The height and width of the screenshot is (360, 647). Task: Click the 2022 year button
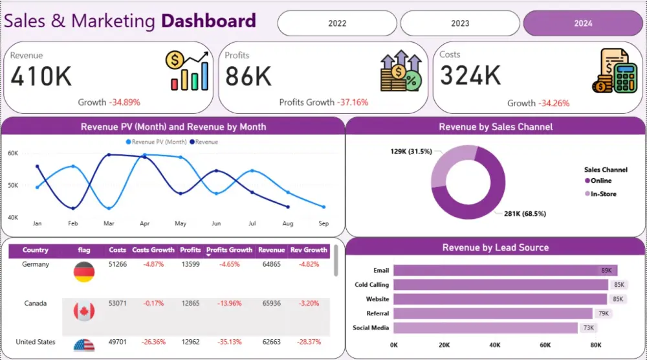pyautogui.click(x=337, y=23)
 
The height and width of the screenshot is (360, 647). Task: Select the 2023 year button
pyautogui.click(x=460, y=23)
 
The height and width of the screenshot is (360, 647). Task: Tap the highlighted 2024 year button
pyautogui.click(x=582, y=23)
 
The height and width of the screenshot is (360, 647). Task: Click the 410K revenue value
pyautogui.click(x=41, y=76)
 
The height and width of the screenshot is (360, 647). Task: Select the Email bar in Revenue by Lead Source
pyautogui.click(x=505, y=270)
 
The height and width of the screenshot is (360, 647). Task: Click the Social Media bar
pyautogui.click(x=485, y=328)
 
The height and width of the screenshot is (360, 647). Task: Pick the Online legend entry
pyautogui.click(x=600, y=181)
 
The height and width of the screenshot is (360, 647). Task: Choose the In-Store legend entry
pyautogui.click(x=602, y=194)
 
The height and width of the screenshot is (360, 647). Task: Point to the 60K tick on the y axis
pyautogui.click(x=13, y=153)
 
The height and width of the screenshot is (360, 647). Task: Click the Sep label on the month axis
pyautogui.click(x=323, y=223)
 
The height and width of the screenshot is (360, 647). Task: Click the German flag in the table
pyautogui.click(x=84, y=272)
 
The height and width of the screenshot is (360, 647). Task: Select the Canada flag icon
pyautogui.click(x=84, y=311)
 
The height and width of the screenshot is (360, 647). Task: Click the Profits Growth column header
pyautogui.click(x=229, y=250)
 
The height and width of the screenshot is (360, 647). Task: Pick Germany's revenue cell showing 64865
pyautogui.click(x=271, y=264)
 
